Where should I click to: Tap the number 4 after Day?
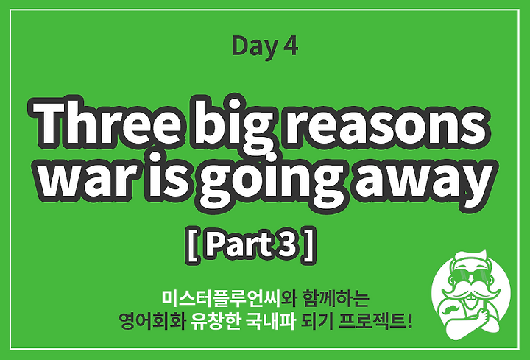click(x=290, y=46)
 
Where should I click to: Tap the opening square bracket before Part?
click(x=193, y=245)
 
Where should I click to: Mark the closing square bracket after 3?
click(x=310, y=245)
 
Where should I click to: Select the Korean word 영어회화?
click(x=152, y=321)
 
